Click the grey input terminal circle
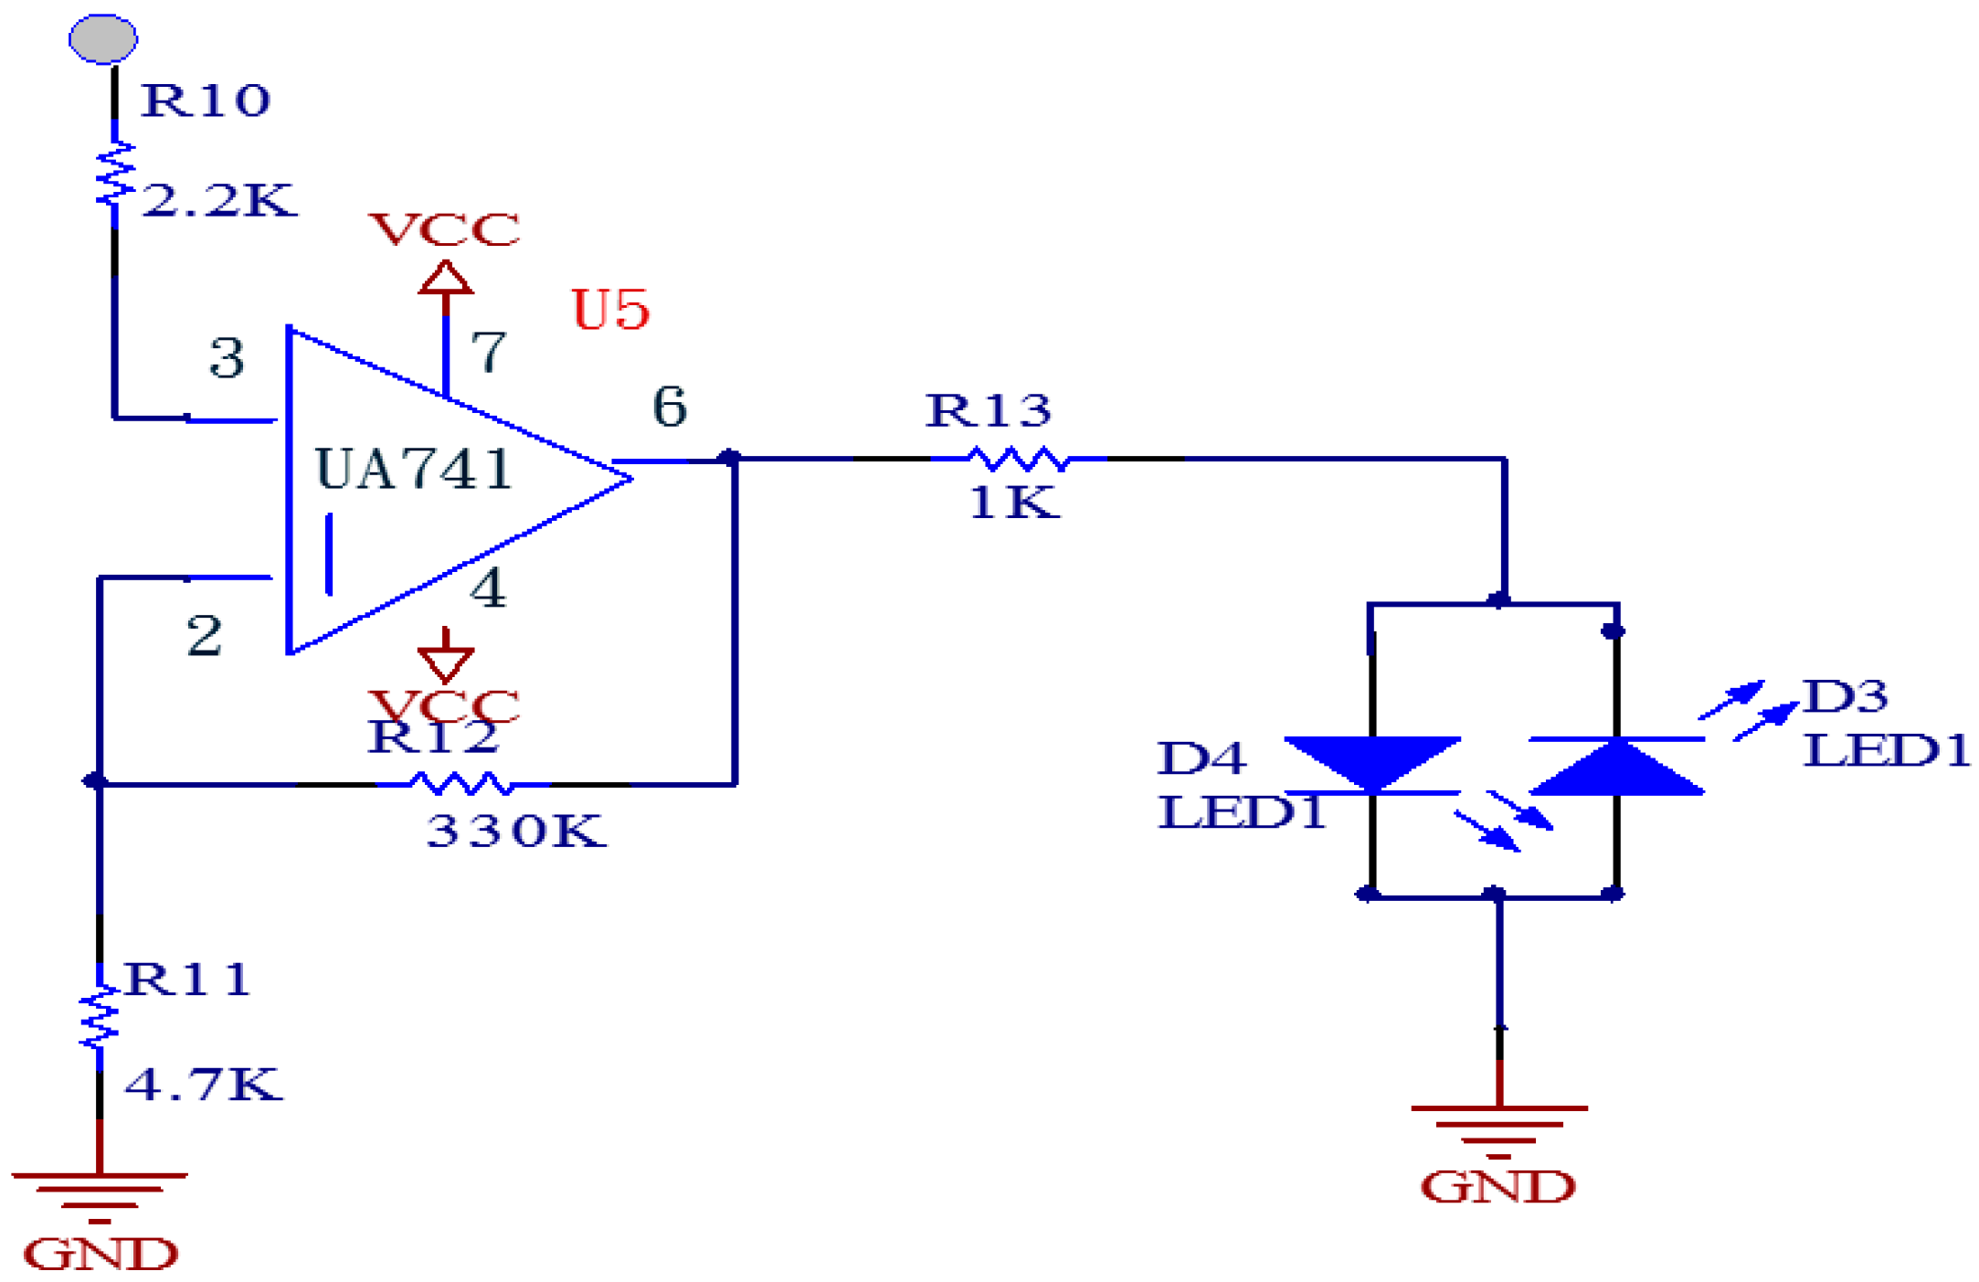103,38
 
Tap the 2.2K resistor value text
219,200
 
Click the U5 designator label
609,310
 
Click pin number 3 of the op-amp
227,357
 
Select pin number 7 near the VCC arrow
488,352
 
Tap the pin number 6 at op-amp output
669,407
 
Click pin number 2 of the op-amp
204,635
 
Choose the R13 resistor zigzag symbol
1017,459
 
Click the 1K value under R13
1013,503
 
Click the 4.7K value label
203,1085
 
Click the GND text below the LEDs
1497,1187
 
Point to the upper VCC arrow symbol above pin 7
445,278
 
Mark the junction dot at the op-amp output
729,458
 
